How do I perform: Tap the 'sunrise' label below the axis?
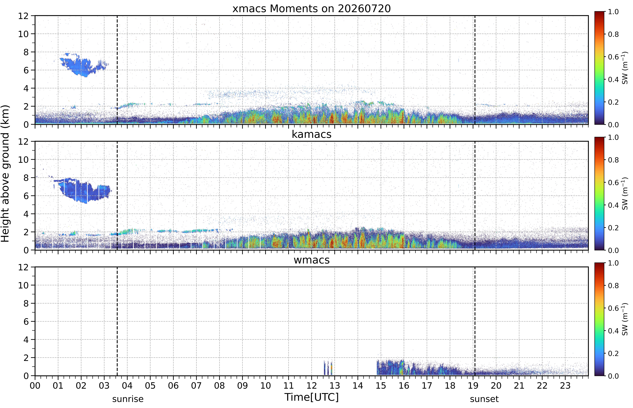pyautogui.click(x=128, y=399)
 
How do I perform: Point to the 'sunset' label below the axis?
pyautogui.click(x=484, y=399)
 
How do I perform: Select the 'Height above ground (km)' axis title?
pyautogui.click(x=5, y=174)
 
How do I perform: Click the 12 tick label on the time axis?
pyautogui.click(x=312, y=385)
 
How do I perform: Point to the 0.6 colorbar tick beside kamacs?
pyautogui.click(x=613, y=183)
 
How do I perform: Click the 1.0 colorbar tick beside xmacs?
pyautogui.click(x=613, y=12)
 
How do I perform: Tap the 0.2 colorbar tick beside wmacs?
pyautogui.click(x=613, y=353)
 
